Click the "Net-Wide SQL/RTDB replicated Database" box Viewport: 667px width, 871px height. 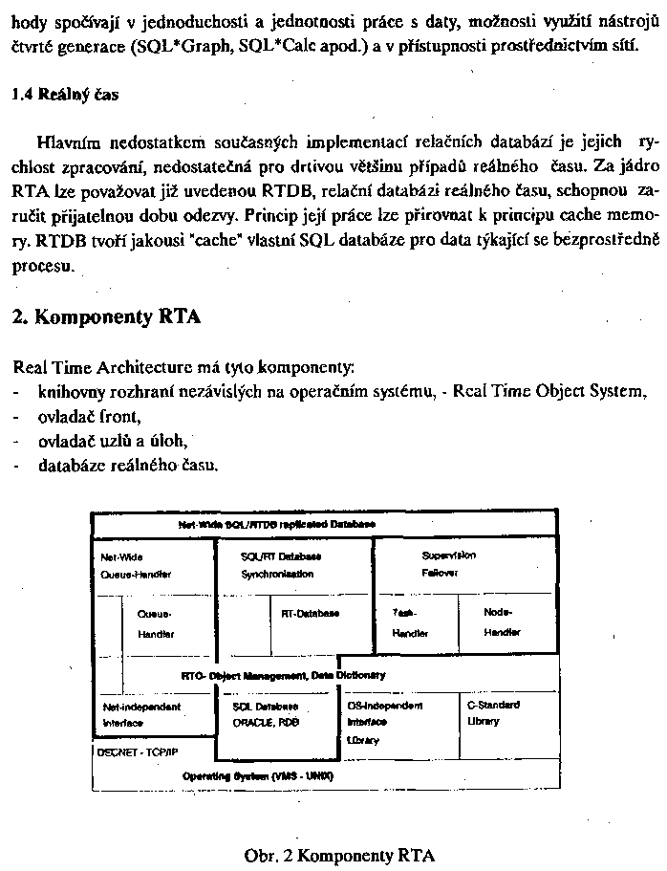point(277,525)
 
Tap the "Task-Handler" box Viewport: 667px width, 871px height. point(410,621)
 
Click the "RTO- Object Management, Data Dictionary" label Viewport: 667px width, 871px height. point(283,675)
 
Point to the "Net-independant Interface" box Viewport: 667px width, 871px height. point(140,714)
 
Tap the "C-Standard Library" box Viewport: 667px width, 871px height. point(493,712)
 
